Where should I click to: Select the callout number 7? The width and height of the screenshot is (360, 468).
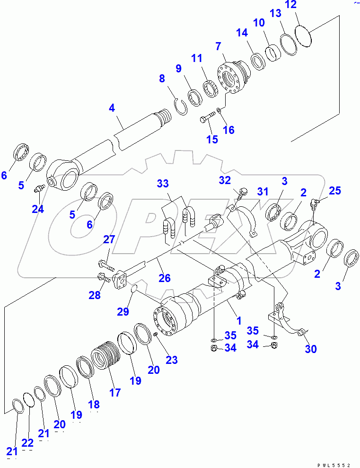218,46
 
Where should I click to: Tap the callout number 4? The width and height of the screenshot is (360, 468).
112,108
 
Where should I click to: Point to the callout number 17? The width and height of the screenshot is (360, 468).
114,392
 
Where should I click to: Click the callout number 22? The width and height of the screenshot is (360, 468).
27,443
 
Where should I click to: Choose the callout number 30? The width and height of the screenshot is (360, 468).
311,349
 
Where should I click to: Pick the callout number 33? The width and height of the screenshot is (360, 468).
163,183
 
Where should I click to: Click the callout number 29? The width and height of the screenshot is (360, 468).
123,311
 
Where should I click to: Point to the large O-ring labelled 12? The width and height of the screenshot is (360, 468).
304,35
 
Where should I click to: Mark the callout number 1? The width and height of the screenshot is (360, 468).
239,321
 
